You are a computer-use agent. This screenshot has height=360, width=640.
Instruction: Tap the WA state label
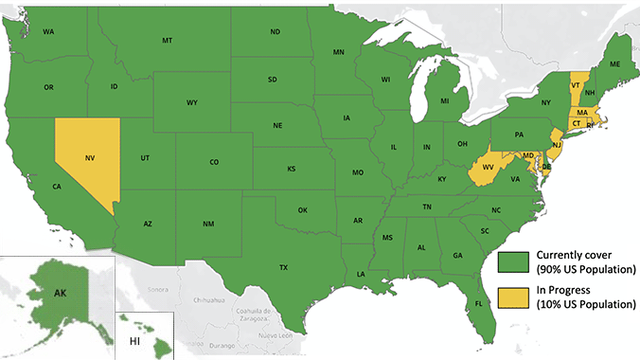(48, 32)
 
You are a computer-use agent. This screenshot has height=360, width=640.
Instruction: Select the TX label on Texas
(283, 267)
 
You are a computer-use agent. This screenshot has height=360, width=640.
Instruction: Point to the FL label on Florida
(479, 304)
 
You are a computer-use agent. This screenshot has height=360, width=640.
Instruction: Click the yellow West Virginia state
(489, 168)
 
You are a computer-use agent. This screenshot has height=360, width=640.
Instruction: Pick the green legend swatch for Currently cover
(515, 261)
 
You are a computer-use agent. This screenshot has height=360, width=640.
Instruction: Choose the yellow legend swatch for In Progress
(515, 297)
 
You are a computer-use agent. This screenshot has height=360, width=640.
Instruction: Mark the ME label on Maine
(614, 63)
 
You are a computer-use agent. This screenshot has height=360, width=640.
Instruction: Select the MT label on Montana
(167, 40)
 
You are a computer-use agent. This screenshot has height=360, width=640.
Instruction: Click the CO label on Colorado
(214, 162)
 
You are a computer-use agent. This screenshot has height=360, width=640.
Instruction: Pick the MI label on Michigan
(444, 100)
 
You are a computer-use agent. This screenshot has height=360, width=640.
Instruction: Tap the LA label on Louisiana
(361, 274)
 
